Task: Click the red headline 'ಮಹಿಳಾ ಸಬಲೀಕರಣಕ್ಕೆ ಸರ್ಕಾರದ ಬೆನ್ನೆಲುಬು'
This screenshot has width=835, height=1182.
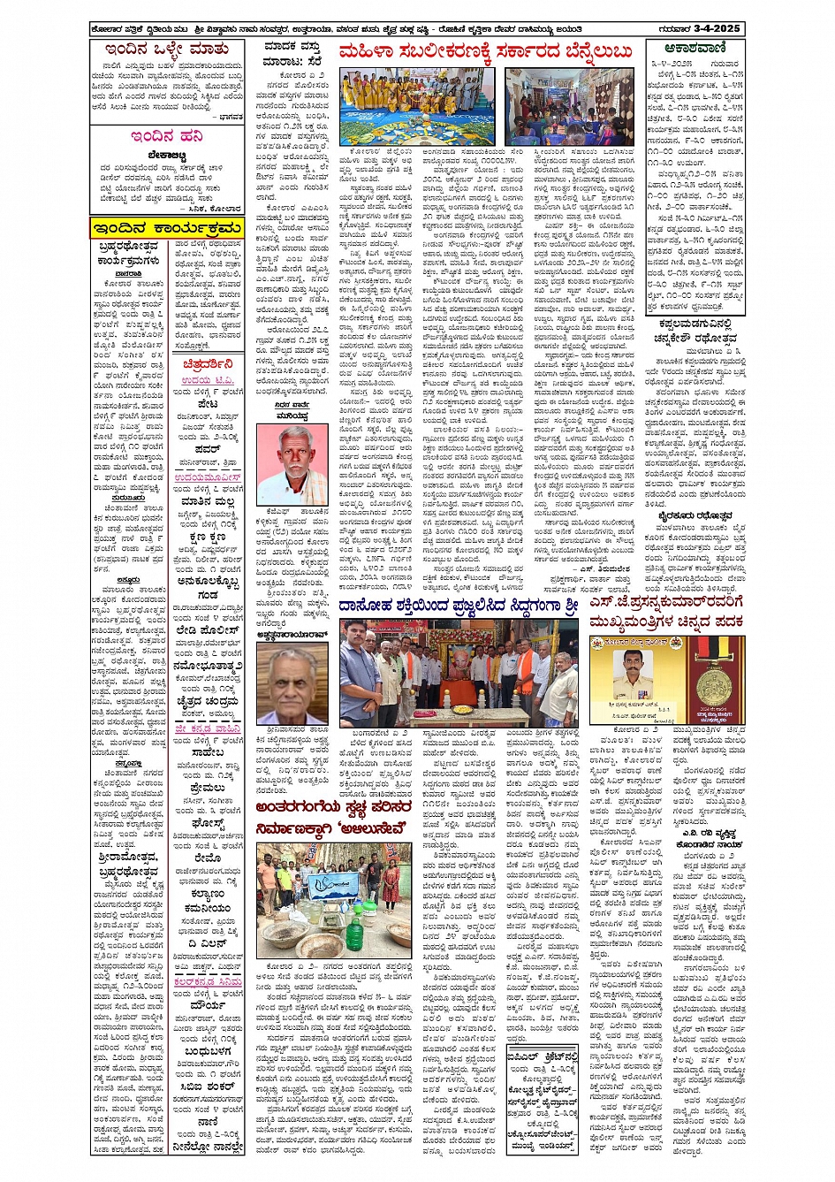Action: [x=485, y=51]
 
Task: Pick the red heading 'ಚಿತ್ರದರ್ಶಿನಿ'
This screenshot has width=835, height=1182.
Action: [x=209, y=363]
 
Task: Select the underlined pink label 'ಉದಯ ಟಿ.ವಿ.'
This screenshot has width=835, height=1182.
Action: [x=209, y=380]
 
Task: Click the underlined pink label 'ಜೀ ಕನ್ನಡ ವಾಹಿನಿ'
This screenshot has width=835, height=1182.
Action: [x=208, y=728]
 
